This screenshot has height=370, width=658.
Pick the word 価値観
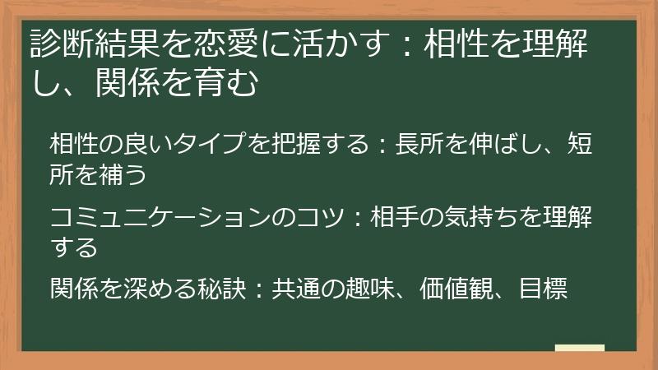(456, 289)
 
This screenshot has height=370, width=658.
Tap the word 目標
(543, 289)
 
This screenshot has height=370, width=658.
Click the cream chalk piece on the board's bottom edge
(580, 348)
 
